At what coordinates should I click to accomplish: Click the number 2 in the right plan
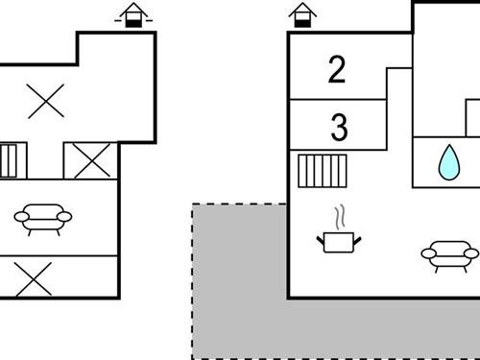tap(337, 70)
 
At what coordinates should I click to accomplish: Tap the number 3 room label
tap(338, 126)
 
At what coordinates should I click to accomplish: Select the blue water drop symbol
tap(447, 162)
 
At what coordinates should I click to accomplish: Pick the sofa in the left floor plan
tap(42, 219)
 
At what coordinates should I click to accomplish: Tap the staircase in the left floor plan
tap(9, 159)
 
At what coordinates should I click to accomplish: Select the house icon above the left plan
tap(133, 15)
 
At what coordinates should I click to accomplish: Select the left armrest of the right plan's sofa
tap(427, 253)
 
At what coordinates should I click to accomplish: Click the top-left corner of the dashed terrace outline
tap(193, 204)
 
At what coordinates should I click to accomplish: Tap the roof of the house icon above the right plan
tap(302, 9)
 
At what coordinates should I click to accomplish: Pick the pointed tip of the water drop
tap(447, 147)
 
